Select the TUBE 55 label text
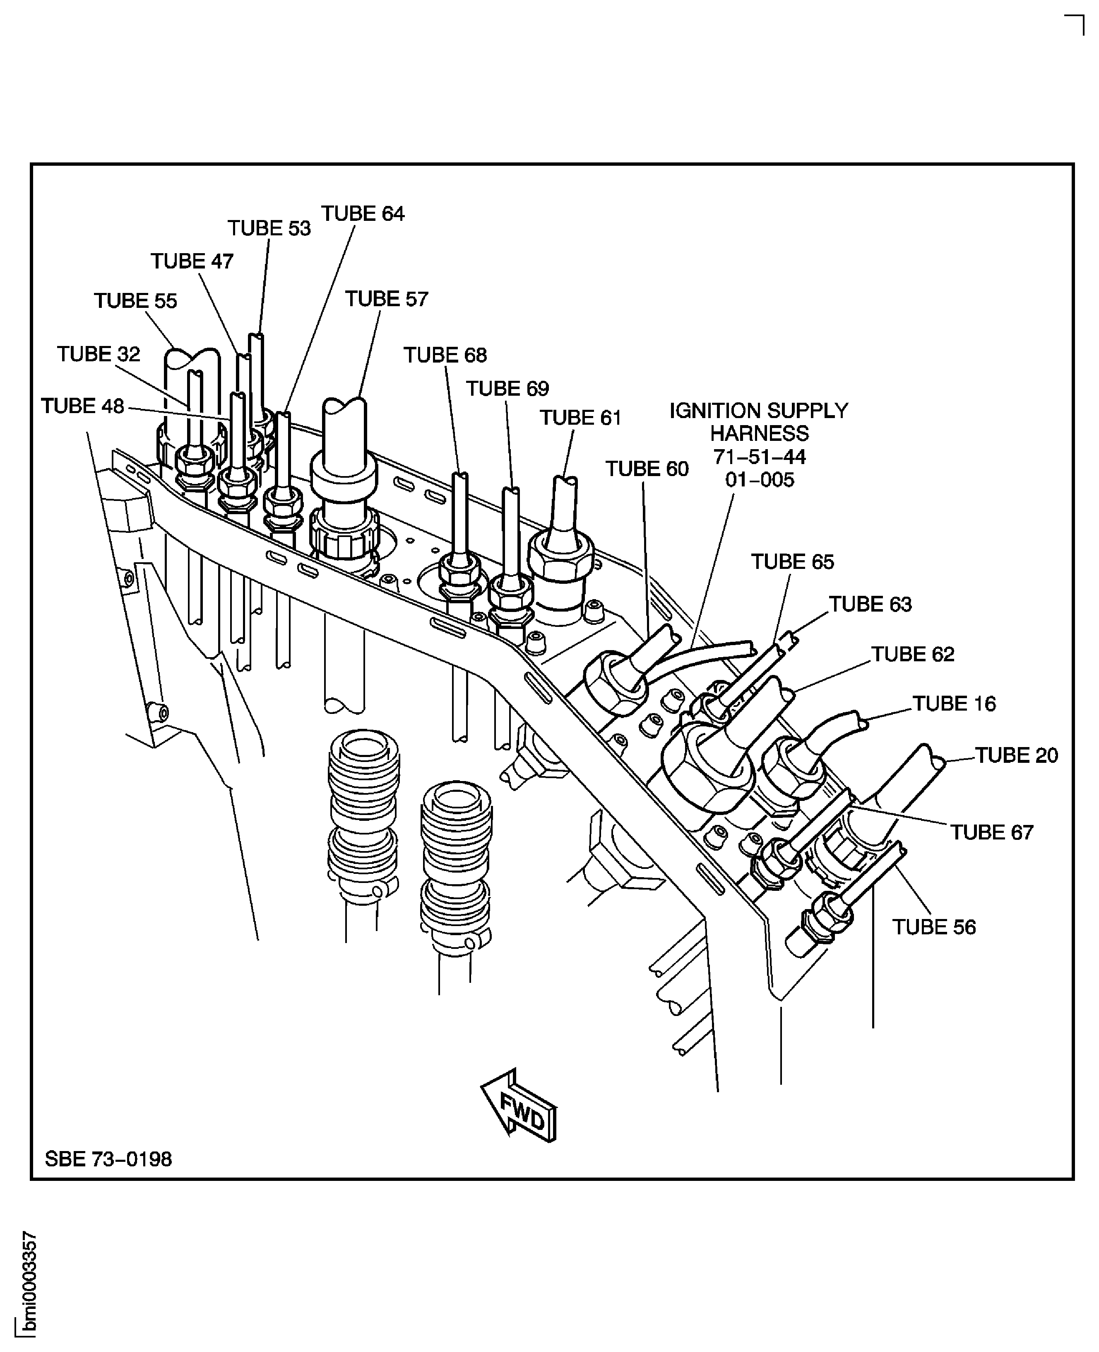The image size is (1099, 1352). [135, 300]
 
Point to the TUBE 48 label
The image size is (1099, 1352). [82, 406]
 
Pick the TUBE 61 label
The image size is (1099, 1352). [580, 418]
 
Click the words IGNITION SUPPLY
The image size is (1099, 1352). [759, 411]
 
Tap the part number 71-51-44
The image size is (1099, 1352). [759, 456]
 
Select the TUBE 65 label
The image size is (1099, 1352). [793, 561]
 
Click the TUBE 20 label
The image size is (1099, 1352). [1016, 755]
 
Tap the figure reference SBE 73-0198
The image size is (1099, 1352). [108, 1159]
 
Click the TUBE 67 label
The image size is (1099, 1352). [991, 832]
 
